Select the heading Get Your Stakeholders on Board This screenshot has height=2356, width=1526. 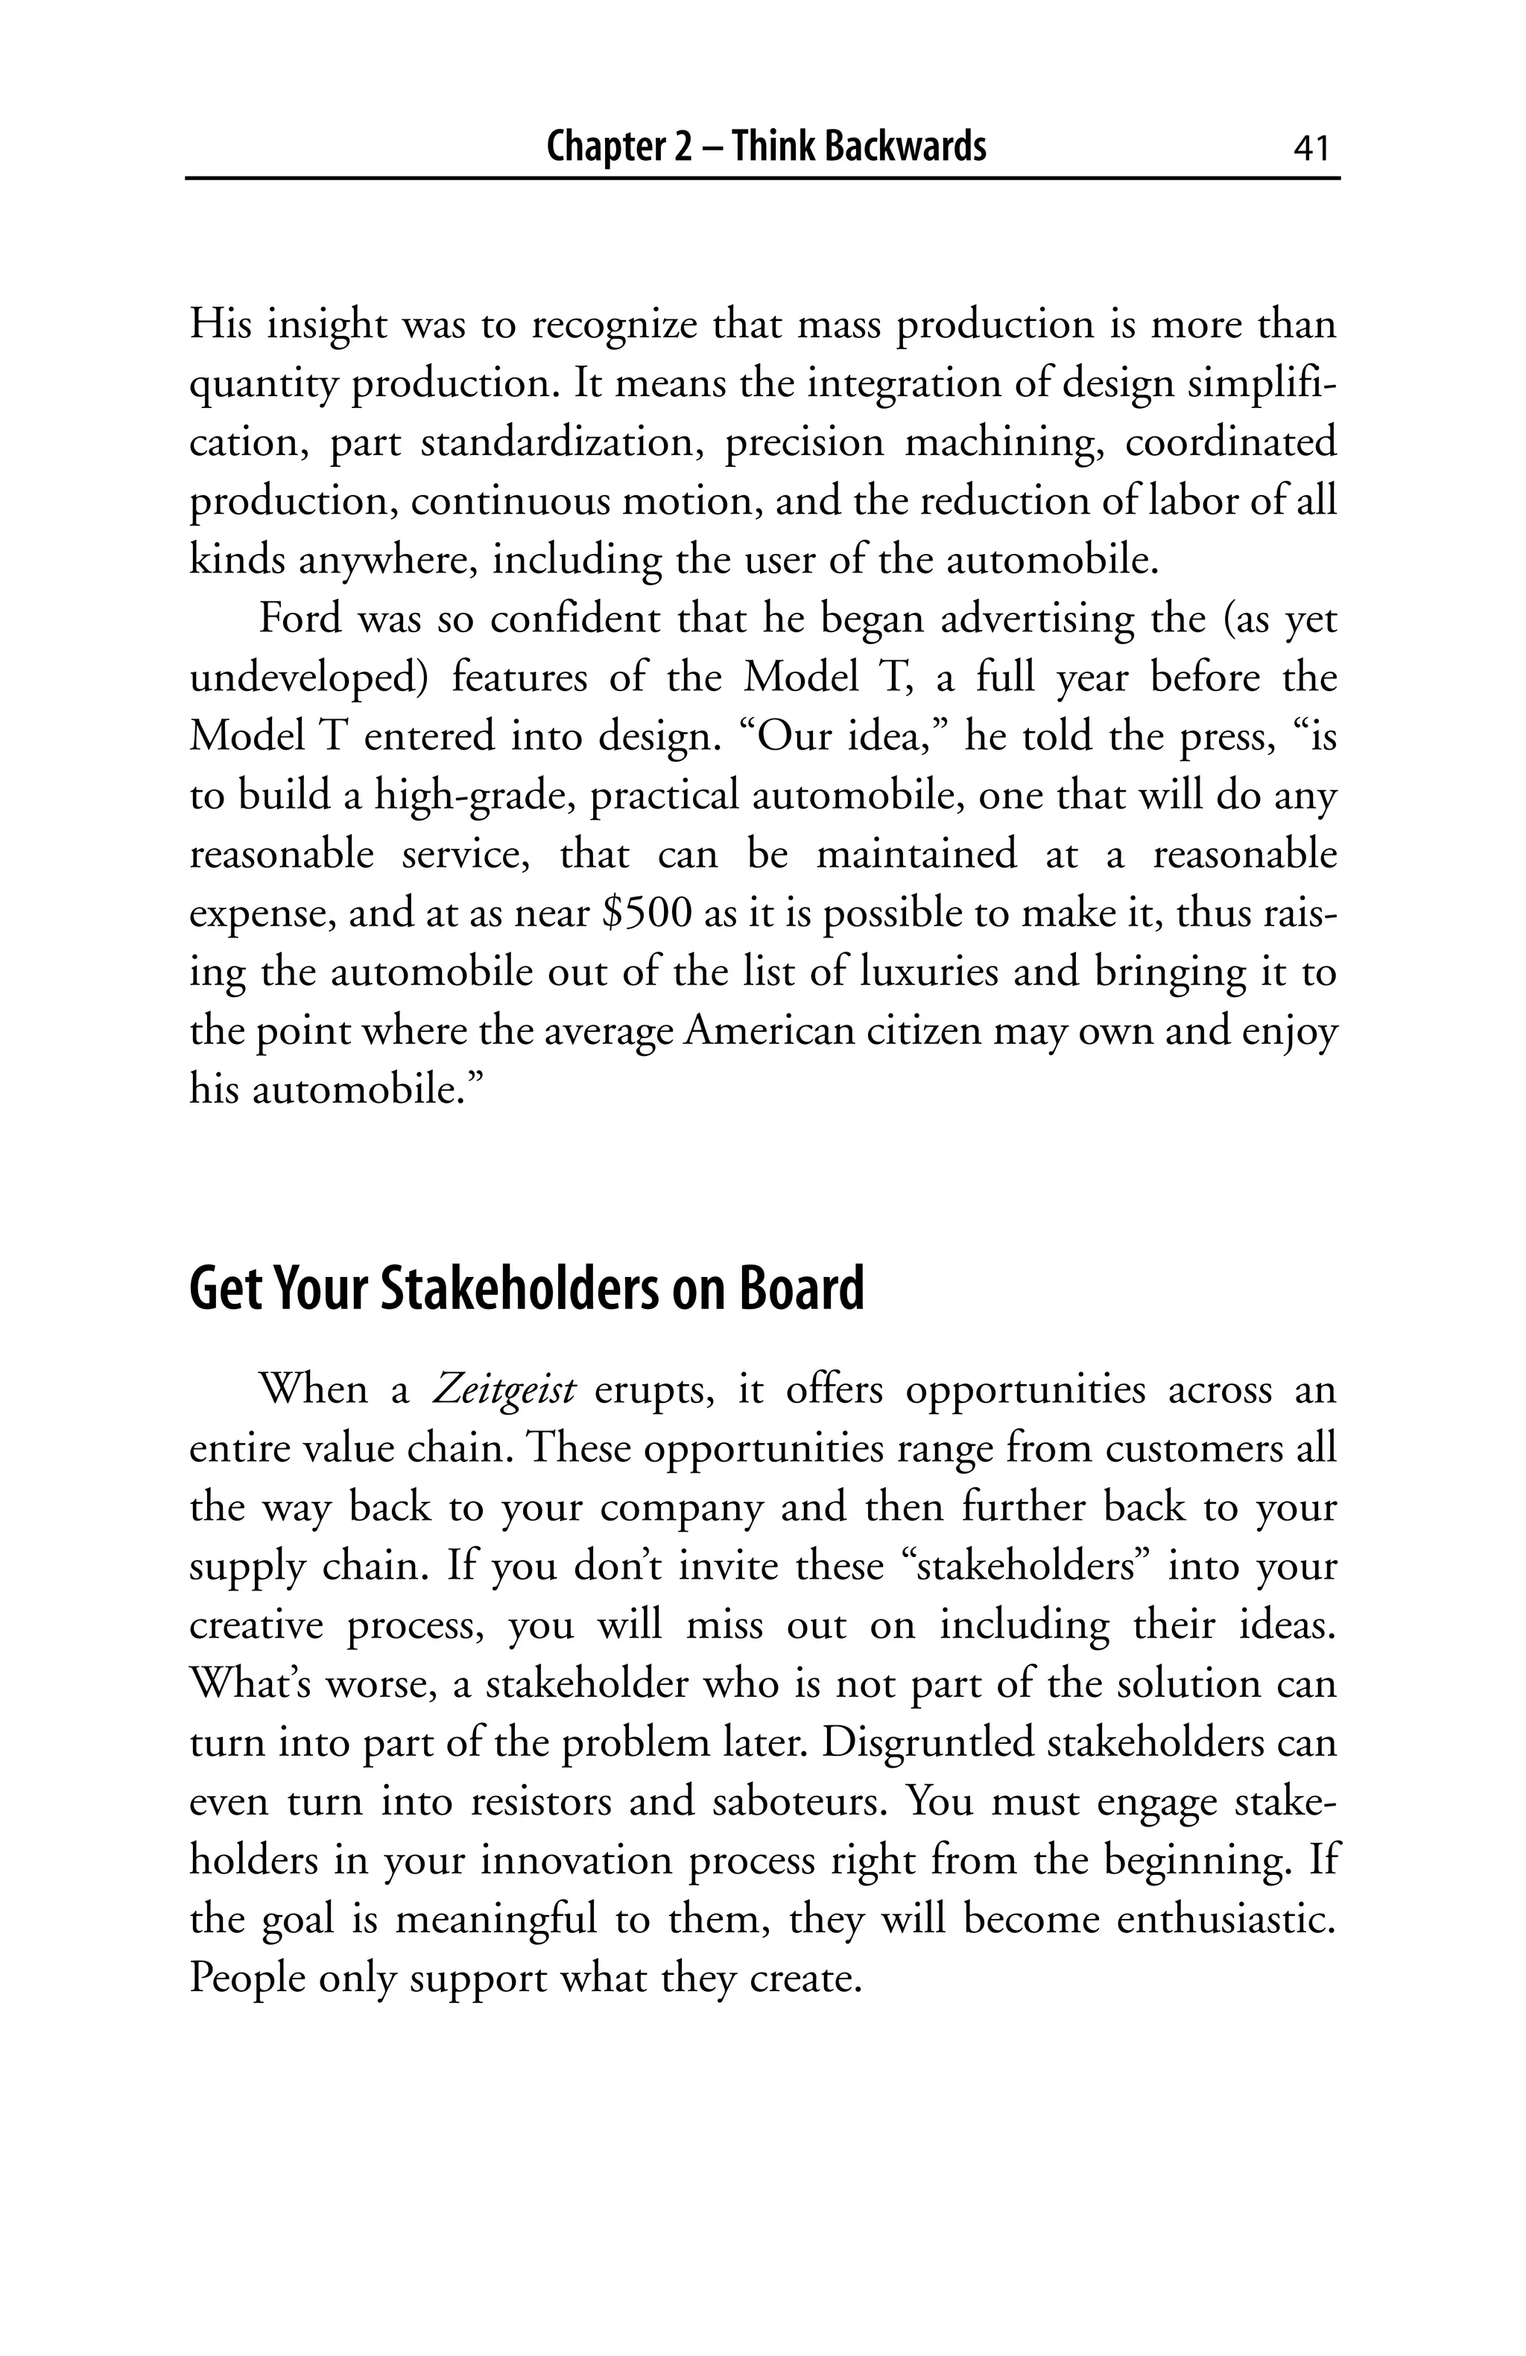526,1289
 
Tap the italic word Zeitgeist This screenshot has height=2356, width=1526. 504,1391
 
